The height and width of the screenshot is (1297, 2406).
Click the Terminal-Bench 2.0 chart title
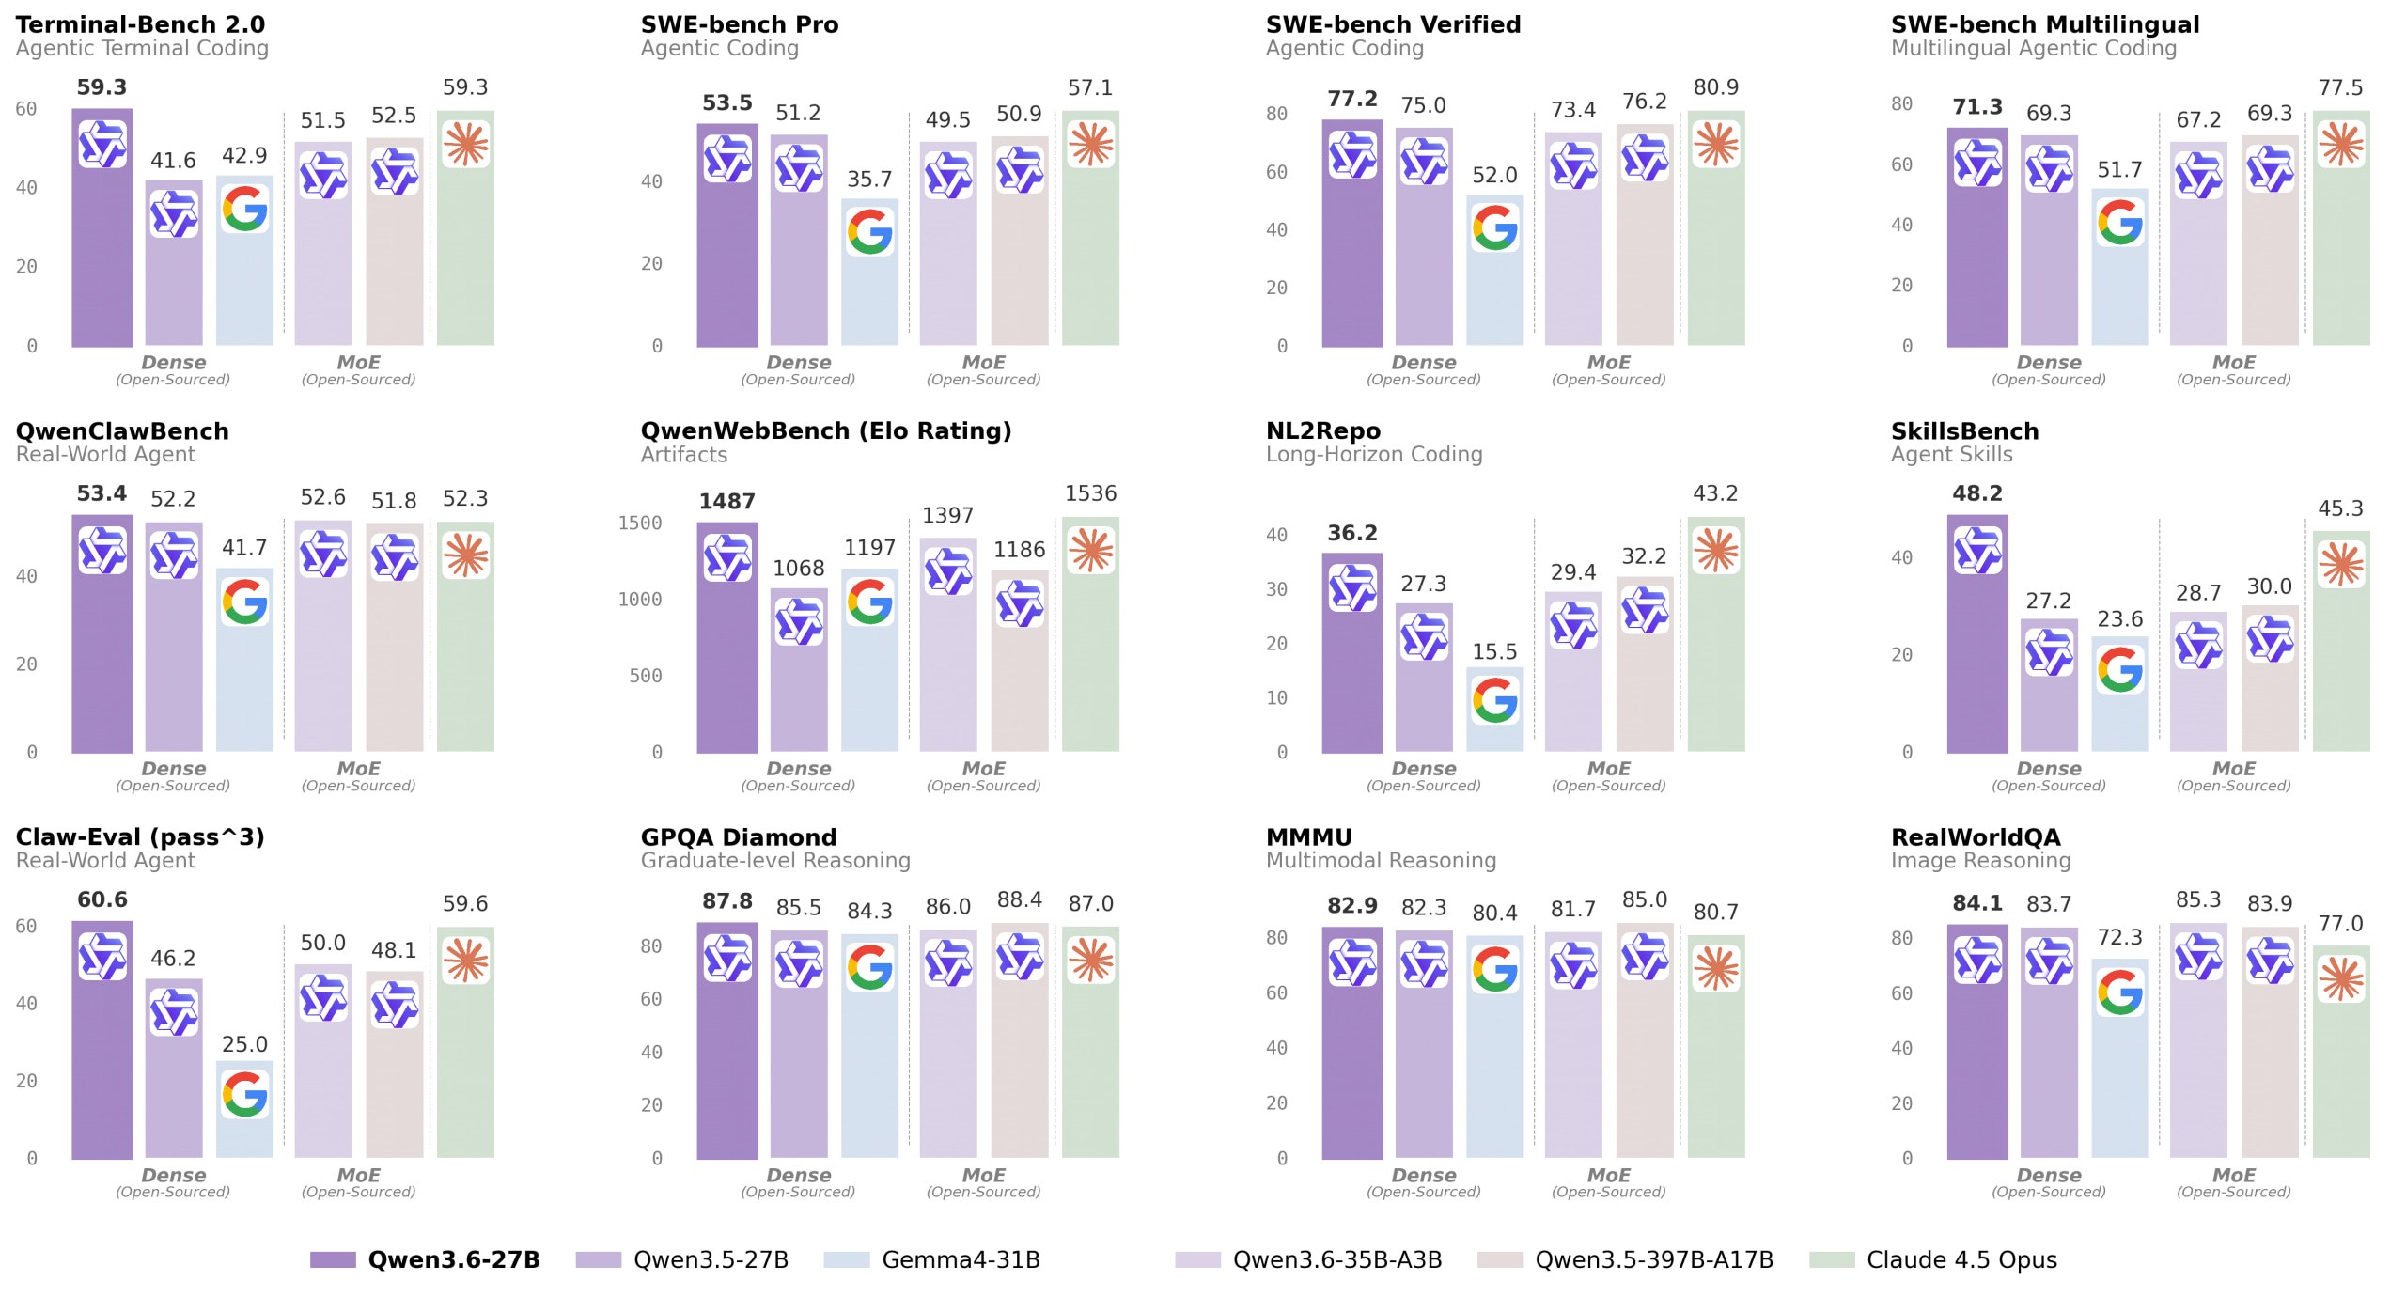pos(140,24)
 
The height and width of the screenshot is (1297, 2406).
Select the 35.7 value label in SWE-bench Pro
pos(869,179)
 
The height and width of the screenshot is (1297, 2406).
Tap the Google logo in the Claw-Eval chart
pos(245,1095)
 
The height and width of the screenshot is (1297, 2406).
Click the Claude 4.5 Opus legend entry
pos(1961,1259)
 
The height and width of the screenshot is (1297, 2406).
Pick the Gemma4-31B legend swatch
pos(846,1260)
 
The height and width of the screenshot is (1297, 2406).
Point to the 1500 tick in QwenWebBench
pos(639,523)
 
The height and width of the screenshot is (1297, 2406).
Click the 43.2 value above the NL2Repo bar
pos(1715,493)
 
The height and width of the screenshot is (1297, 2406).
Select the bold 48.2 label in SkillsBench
pos(1977,493)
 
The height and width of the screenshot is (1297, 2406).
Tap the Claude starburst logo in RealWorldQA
pos(2340,979)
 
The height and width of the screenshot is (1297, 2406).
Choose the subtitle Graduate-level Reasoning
pos(775,860)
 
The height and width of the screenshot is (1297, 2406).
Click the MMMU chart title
pos(1308,837)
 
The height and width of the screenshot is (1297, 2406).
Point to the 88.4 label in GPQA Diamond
pos(1019,899)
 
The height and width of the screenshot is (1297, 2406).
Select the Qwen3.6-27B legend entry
pos(453,1259)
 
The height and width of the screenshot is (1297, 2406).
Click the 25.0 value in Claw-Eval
pos(244,1044)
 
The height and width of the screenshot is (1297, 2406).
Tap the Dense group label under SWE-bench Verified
pos(1423,363)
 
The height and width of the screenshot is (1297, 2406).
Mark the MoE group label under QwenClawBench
pos(358,769)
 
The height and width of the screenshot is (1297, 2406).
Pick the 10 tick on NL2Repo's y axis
pos(1276,697)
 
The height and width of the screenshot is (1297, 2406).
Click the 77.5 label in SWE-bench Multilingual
pos(2340,87)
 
